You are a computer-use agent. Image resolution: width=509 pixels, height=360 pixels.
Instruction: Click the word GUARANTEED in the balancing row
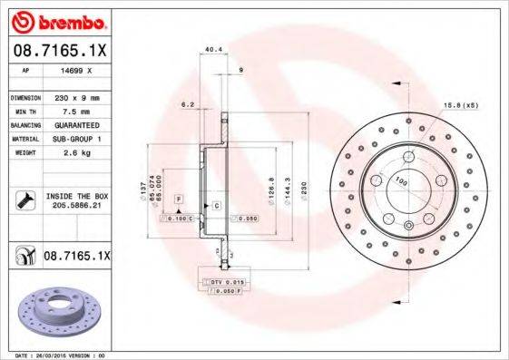tap(76, 124)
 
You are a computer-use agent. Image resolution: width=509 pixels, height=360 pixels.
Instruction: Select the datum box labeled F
tap(179, 198)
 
